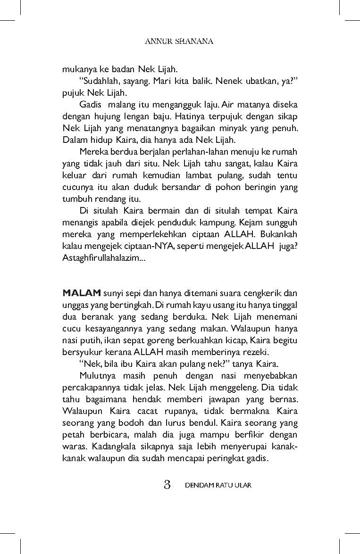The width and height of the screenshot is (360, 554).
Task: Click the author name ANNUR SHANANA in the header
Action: pyautogui.click(x=179, y=41)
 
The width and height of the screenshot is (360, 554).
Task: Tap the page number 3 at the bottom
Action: pyautogui.click(x=167, y=485)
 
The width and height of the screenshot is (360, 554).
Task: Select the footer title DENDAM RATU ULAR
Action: pyautogui.click(x=218, y=485)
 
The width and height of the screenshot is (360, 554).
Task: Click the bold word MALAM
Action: pyautogui.click(x=81, y=293)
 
